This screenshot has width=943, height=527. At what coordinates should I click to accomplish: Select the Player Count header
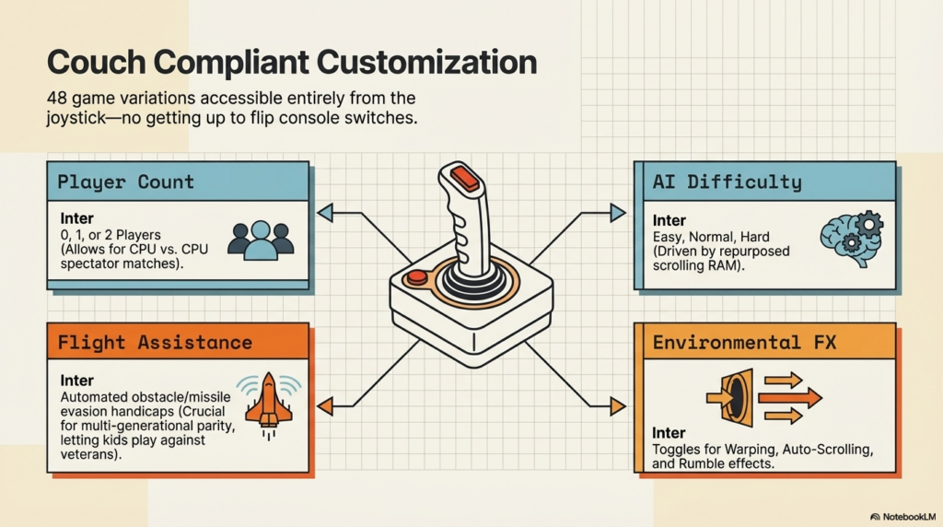pos(126,182)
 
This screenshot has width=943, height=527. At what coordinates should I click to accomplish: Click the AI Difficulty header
pos(727,182)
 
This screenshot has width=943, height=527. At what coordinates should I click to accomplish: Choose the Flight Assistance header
pos(155,343)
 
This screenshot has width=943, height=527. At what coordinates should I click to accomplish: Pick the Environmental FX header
pos(744,343)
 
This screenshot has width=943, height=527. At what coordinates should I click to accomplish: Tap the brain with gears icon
pos(851,238)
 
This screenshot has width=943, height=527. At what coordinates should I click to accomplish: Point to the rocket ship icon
pos(269,402)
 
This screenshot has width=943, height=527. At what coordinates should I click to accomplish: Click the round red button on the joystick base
pos(417,276)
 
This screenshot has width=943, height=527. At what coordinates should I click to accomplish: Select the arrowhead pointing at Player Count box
pos(324,214)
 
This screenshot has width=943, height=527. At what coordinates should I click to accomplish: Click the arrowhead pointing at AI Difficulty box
pos(617,214)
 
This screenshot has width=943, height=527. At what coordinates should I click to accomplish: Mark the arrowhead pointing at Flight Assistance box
pos(324,404)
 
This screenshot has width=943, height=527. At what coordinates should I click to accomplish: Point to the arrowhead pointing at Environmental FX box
pos(617,404)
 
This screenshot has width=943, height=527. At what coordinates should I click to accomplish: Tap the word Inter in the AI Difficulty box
pos(669,221)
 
